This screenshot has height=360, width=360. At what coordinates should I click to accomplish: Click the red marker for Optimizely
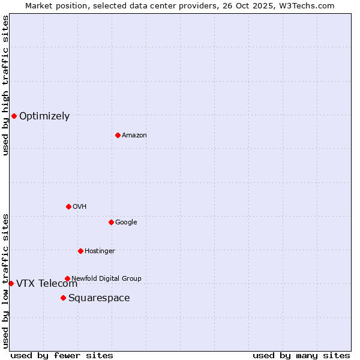coord(14,116)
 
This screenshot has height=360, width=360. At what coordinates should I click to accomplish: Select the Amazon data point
coord(118,135)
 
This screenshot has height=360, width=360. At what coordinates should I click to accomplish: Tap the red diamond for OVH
coord(68,206)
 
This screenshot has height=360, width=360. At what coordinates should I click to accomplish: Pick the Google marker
coord(111,222)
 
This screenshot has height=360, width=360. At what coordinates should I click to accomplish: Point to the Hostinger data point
coord(80,251)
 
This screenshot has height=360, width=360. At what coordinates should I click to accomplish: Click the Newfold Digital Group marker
coord(67,278)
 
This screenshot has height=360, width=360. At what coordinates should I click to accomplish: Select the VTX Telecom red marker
coord(11,283)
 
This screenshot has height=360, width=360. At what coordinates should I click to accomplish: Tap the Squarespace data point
coord(63,298)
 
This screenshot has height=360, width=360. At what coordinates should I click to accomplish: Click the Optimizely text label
coord(44,116)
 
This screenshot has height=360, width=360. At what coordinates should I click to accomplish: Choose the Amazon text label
coord(134,136)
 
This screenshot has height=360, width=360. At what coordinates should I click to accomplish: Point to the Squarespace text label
coord(99,298)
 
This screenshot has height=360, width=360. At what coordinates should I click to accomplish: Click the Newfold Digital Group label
coord(106,278)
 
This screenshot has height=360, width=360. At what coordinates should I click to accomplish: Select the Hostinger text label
coord(100,251)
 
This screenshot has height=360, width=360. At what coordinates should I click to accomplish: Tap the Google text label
coord(126,223)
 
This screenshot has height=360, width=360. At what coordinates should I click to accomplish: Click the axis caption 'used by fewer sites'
coord(62,355)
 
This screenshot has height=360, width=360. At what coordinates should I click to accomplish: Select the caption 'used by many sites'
coord(301,355)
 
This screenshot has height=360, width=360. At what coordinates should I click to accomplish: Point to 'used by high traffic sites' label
coord(5,85)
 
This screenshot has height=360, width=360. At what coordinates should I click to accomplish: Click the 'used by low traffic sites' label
coord(5,280)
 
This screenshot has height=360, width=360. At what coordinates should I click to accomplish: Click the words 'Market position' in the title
coord(53,5)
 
